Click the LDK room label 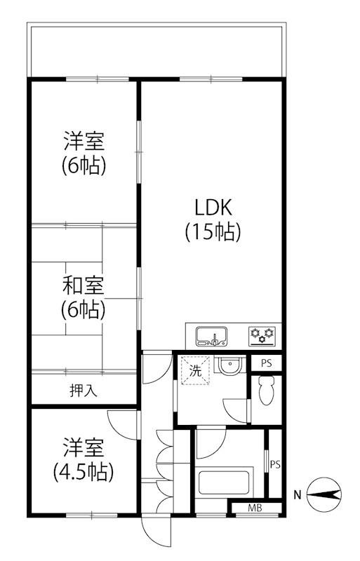coord(213,207)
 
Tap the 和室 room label coord(84,285)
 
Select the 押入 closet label coord(84,391)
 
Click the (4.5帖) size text coord(84,472)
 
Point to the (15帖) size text coord(213,232)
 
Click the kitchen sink coord(212,337)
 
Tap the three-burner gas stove coord(263,337)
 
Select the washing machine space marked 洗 coord(195,371)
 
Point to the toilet coord(266,391)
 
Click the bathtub coord(224,482)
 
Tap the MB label coord(255,507)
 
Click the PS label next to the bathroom coord(275,465)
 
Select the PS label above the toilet coord(266,363)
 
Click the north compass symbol coord(324,495)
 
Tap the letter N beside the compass coord(297,496)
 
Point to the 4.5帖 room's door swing coord(122,425)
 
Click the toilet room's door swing coord(236,411)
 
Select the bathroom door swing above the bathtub coord(211,444)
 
